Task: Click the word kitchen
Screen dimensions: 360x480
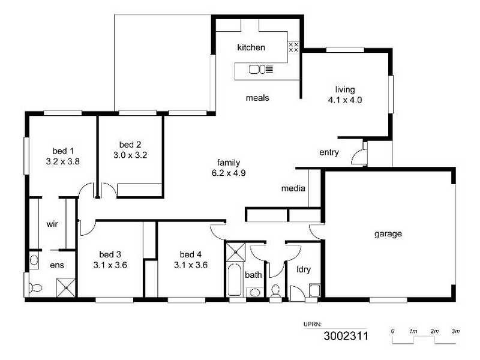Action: pyautogui.click(x=251, y=47)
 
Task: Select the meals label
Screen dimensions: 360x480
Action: pyautogui.click(x=257, y=98)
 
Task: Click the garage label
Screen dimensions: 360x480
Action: pyautogui.click(x=388, y=234)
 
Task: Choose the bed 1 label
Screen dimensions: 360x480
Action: pyautogui.click(x=62, y=151)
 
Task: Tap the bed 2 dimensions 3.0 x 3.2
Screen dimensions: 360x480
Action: pyautogui.click(x=130, y=154)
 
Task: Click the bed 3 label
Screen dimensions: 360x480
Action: pyautogui.click(x=110, y=253)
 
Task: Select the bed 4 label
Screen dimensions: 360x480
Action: pyautogui.click(x=190, y=253)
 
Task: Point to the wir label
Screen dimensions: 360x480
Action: pyautogui.click(x=52, y=224)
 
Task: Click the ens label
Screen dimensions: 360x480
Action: pyautogui.click(x=56, y=265)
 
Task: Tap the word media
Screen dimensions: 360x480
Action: pyautogui.click(x=293, y=189)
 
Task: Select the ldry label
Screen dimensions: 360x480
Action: pyautogui.click(x=304, y=269)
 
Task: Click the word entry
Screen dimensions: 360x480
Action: pyautogui.click(x=329, y=152)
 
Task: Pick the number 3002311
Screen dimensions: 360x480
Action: pyautogui.click(x=346, y=336)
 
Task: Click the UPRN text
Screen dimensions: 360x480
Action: pyautogui.click(x=313, y=324)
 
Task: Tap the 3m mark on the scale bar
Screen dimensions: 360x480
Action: pyautogui.click(x=455, y=331)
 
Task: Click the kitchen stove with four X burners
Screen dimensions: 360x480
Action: pyautogui.click(x=293, y=47)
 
